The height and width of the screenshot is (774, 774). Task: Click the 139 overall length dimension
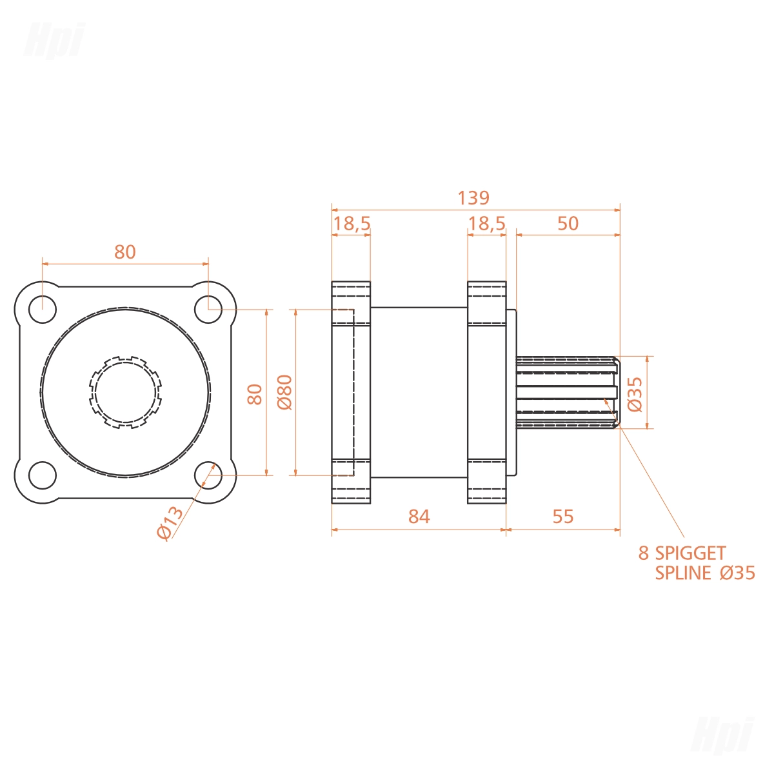(x=473, y=199)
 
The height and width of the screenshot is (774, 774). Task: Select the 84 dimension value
(x=419, y=517)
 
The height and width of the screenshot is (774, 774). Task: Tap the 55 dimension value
(x=562, y=517)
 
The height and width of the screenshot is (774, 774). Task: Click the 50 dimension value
(x=568, y=224)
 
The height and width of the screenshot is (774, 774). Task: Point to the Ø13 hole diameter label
(x=170, y=522)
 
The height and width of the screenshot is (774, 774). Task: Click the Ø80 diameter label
(x=285, y=392)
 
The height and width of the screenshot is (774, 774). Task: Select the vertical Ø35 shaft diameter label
(x=635, y=395)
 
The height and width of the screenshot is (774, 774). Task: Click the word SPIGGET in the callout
(x=690, y=553)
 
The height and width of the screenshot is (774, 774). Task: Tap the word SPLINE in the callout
(x=683, y=573)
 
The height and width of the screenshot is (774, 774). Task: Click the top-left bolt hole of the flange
(x=43, y=310)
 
